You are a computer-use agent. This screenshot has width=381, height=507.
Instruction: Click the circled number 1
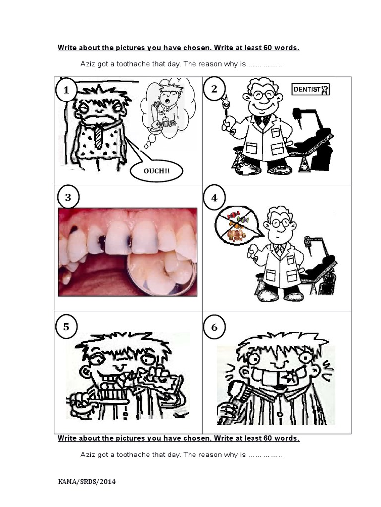tap(66, 90)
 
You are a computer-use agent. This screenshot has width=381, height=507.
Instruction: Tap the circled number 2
tap(214, 89)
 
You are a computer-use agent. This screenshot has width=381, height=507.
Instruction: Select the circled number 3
tap(68, 198)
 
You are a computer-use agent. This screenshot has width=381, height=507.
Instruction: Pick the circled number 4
tap(214, 198)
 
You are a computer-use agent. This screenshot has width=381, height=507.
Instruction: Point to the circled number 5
tap(66, 327)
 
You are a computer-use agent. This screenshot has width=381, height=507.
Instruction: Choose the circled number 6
tap(214, 327)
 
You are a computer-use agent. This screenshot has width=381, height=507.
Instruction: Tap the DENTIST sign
tap(311, 89)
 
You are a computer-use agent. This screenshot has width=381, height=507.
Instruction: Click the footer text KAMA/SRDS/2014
tap(86, 481)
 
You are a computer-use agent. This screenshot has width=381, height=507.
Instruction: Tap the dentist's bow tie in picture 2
tap(263, 119)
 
